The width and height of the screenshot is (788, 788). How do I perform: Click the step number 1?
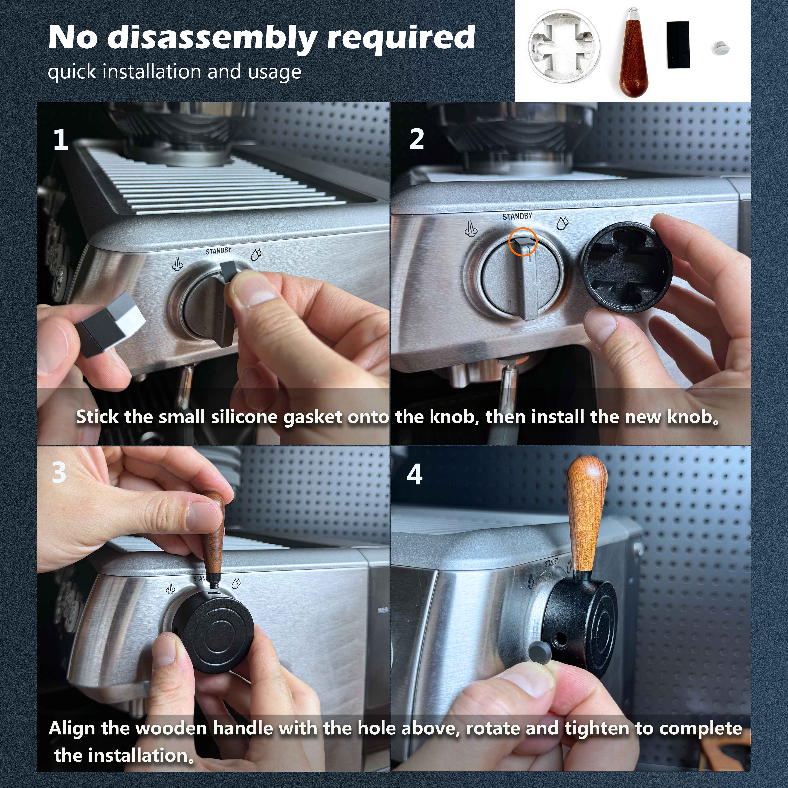tap(61, 140)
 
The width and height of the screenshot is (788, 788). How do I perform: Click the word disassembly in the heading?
tap(212, 38)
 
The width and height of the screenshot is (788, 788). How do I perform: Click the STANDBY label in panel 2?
tap(517, 216)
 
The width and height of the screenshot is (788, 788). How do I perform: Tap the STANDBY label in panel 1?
tap(219, 251)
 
